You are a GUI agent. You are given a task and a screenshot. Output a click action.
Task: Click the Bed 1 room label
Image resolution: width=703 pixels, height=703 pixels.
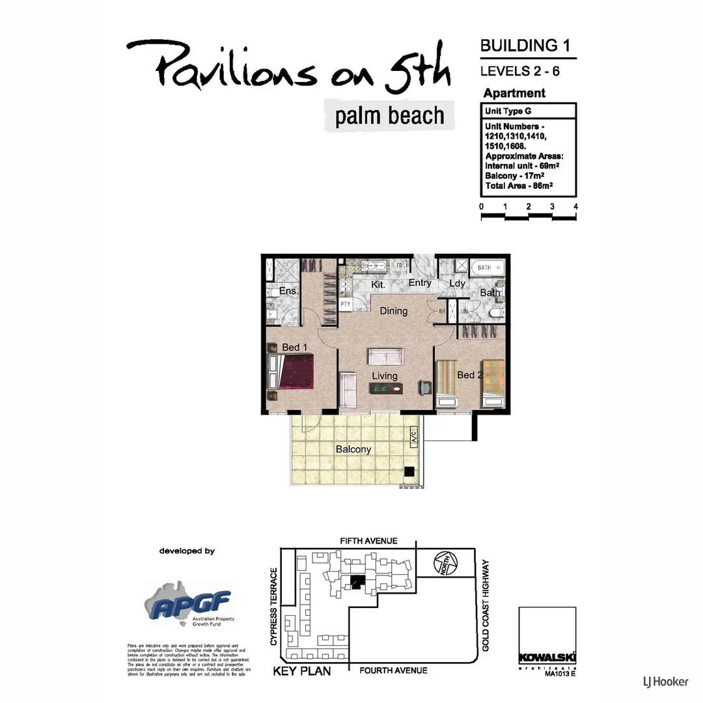(x=295, y=348)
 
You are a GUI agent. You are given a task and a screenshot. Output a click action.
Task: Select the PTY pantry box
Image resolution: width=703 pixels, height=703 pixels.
(x=346, y=304)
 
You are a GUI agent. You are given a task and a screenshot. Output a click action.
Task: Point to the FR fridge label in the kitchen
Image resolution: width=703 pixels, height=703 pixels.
(x=398, y=266)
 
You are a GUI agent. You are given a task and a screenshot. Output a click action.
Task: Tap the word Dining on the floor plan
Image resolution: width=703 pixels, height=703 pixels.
(x=394, y=311)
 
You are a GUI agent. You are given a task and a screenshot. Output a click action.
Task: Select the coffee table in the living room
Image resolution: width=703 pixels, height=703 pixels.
(x=386, y=389)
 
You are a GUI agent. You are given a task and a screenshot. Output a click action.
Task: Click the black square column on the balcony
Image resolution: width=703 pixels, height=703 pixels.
(x=409, y=472)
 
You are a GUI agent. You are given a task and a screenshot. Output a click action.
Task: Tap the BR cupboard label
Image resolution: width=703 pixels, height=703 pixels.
(x=441, y=311)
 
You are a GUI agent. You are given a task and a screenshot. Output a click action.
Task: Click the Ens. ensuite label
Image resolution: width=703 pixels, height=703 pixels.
(x=288, y=291)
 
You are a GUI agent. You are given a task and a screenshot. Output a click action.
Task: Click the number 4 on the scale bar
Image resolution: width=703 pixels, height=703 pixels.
(x=575, y=206)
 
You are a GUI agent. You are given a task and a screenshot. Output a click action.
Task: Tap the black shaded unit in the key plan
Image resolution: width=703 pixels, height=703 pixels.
(x=356, y=582)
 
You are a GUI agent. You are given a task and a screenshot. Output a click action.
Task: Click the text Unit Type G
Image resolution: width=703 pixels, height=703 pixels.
(x=508, y=111)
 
